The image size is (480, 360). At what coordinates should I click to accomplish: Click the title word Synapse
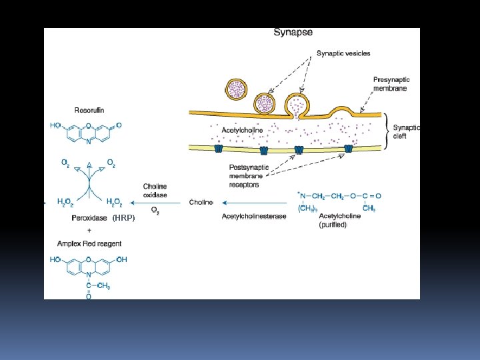(x=293, y=32)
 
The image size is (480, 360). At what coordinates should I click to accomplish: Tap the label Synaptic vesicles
(x=343, y=53)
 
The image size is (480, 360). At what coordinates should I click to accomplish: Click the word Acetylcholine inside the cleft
(x=242, y=130)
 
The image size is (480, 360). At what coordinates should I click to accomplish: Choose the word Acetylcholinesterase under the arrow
(x=254, y=216)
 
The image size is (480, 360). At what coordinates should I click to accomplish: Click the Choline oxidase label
(x=155, y=190)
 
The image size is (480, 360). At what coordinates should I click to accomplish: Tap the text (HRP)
(x=123, y=218)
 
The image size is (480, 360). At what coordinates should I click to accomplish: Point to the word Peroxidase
(x=89, y=218)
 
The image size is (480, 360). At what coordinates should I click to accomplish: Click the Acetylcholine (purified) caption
(x=340, y=220)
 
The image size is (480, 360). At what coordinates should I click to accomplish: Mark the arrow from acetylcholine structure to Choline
(x=253, y=202)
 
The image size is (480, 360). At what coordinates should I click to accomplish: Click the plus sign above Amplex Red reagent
(x=89, y=230)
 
